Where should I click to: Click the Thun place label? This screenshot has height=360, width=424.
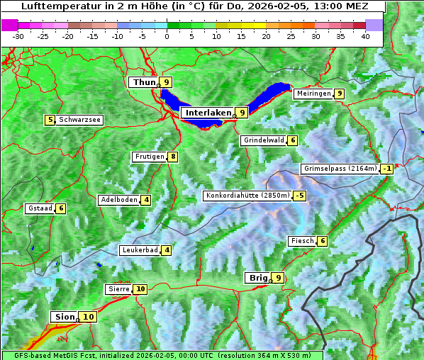click(x=143, y=83)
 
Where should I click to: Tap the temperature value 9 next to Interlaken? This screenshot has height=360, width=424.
click(x=242, y=113)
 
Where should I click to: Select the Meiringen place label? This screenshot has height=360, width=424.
click(x=313, y=94)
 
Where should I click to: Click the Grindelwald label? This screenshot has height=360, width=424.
click(x=263, y=140)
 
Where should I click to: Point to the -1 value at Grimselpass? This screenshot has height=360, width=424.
click(x=386, y=169)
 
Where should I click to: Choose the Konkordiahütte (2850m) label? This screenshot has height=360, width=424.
click(x=247, y=196)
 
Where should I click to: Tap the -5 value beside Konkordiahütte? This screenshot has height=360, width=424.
click(x=300, y=196)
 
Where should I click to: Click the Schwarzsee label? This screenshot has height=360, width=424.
click(x=79, y=120)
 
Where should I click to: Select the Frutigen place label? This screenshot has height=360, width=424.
click(x=149, y=157)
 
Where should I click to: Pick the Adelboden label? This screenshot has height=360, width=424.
click(x=118, y=200)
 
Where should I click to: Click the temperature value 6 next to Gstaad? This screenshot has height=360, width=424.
click(x=61, y=208)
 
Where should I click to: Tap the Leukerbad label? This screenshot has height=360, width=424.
click(x=140, y=250)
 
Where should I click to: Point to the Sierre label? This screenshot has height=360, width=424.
click(x=118, y=289)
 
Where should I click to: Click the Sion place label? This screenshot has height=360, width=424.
click(x=63, y=317)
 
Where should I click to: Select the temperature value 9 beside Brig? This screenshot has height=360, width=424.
click(x=278, y=278)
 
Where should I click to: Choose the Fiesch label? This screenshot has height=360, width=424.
click(x=301, y=241)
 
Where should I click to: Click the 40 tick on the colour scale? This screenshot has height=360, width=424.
click(x=365, y=36)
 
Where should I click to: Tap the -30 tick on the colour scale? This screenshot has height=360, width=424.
click(x=18, y=36)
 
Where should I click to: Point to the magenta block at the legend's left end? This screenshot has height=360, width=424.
click(x=9, y=25)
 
